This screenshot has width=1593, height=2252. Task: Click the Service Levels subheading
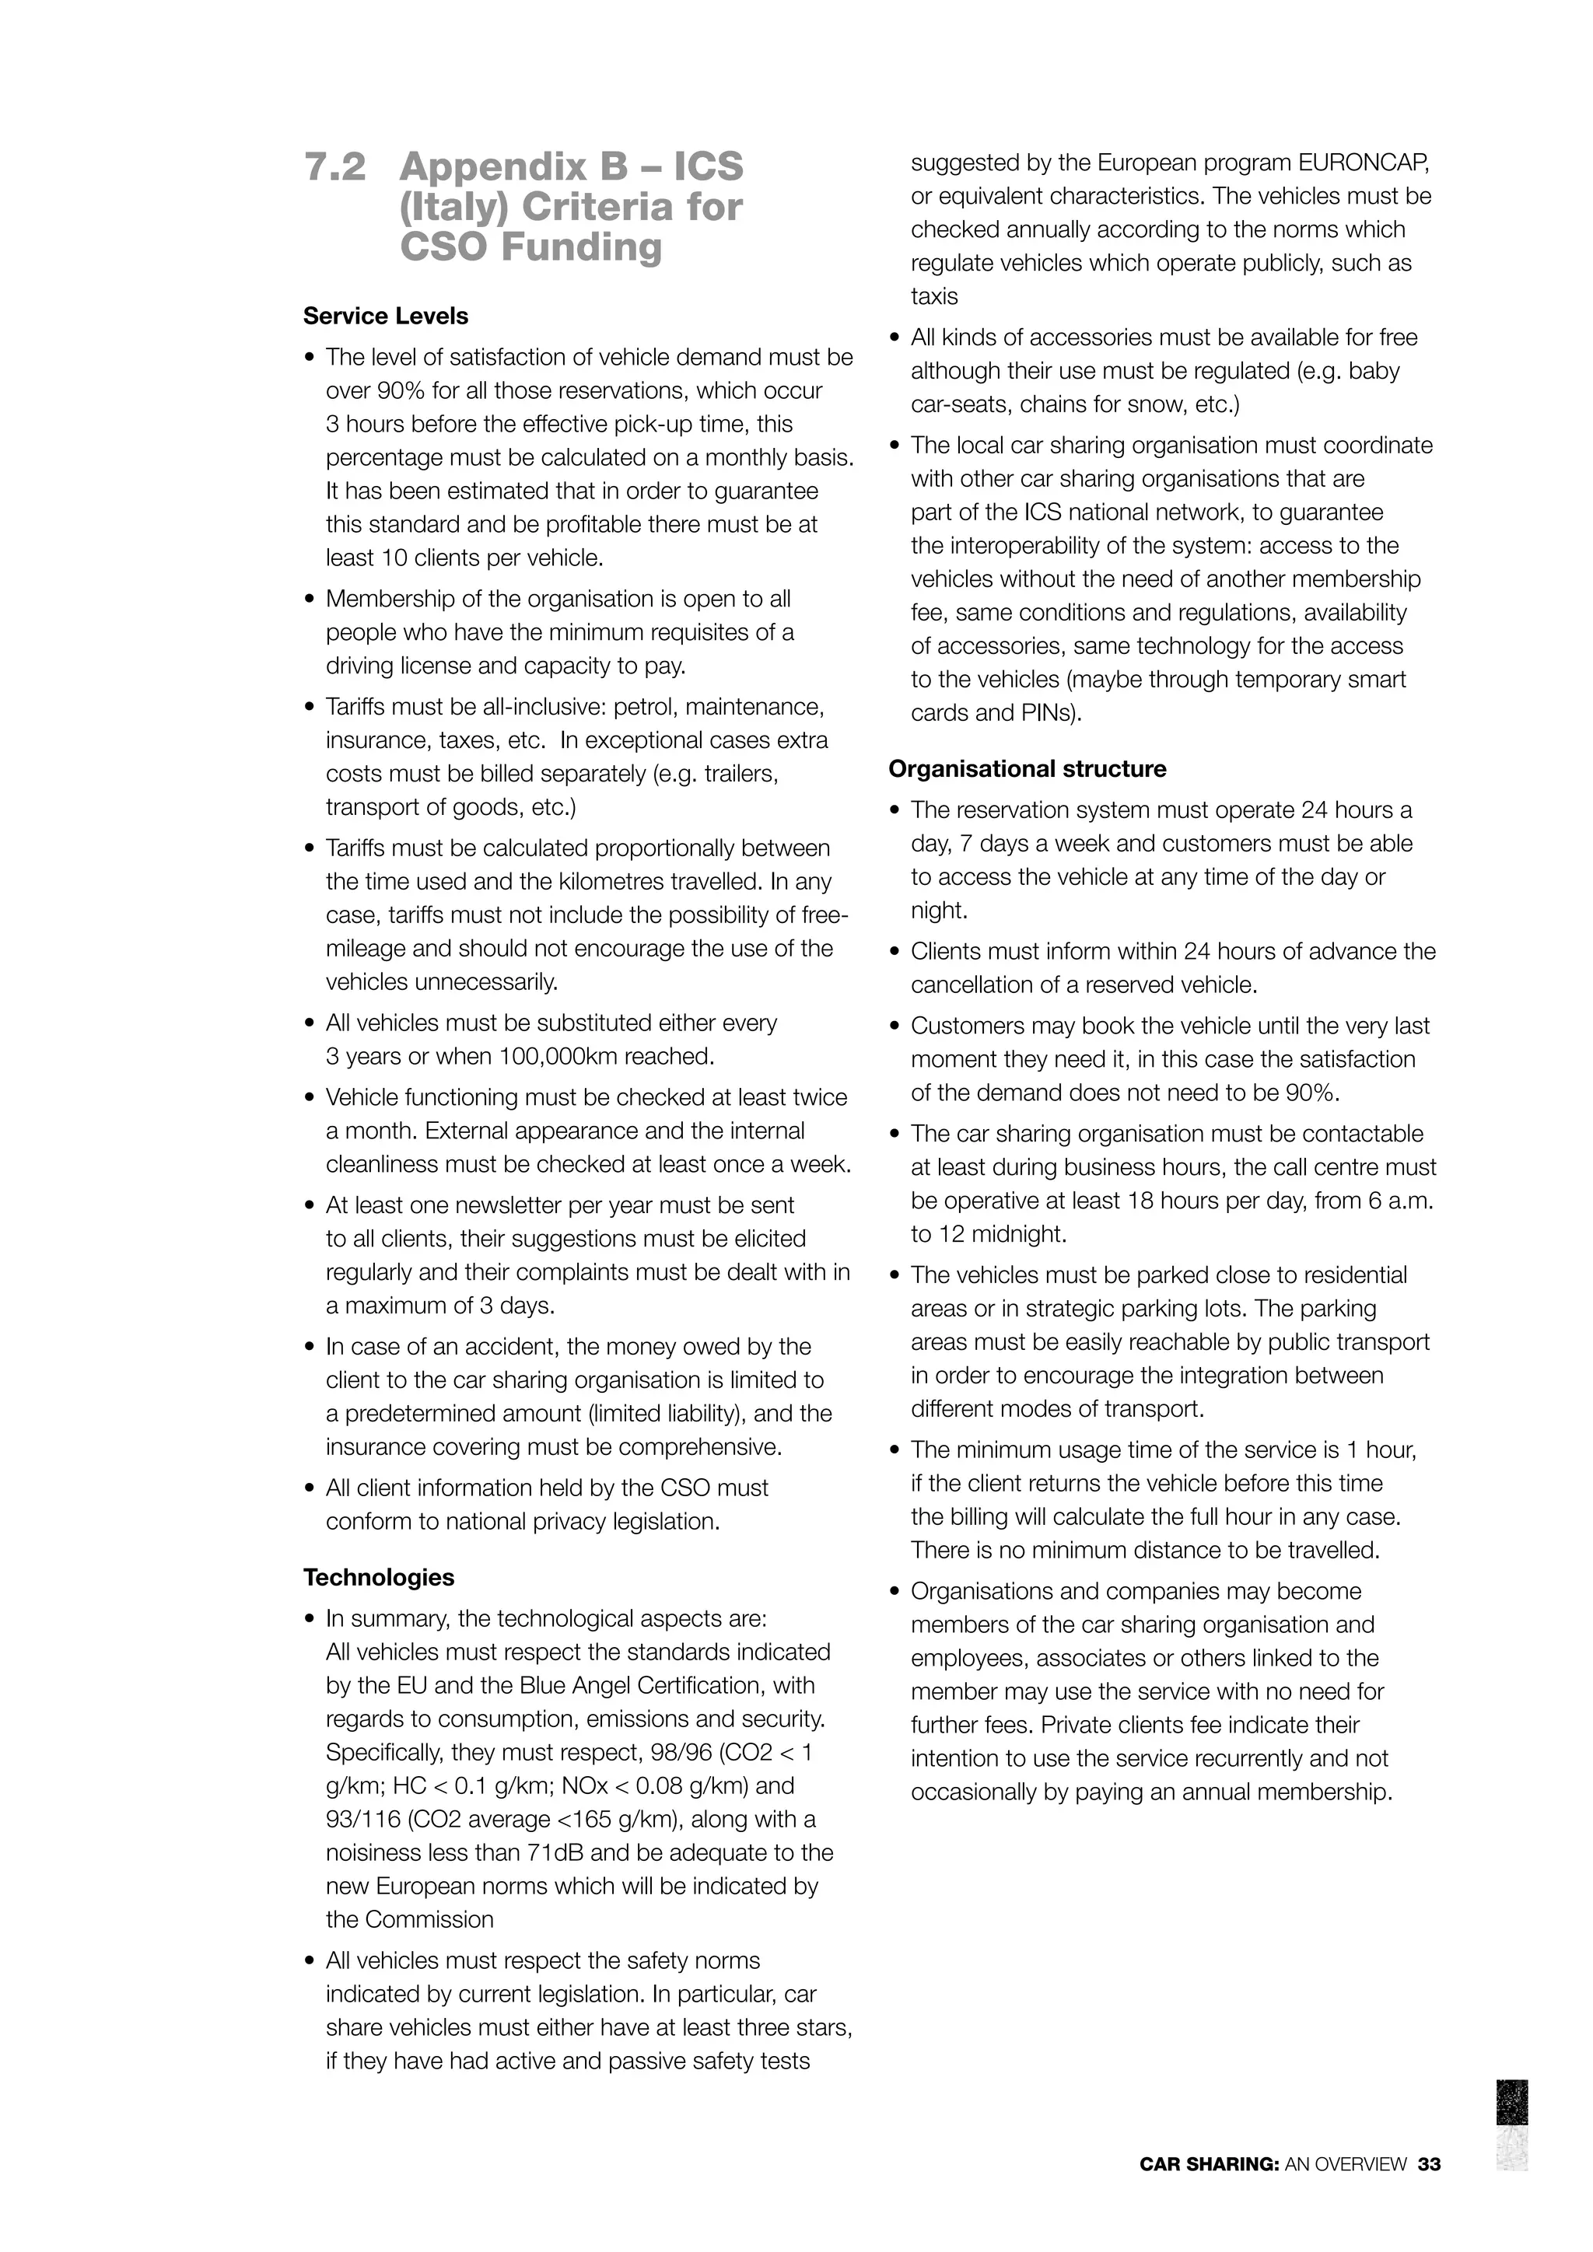tap(386, 316)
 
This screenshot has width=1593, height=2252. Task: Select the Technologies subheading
tap(379, 1577)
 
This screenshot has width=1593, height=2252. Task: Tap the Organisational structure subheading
tap(1027, 769)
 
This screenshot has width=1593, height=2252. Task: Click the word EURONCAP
tap(1364, 163)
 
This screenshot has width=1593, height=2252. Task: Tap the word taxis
tap(934, 296)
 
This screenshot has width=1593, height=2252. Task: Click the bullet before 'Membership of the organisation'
tap(310, 600)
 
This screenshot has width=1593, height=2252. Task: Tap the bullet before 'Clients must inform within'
tap(895, 951)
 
